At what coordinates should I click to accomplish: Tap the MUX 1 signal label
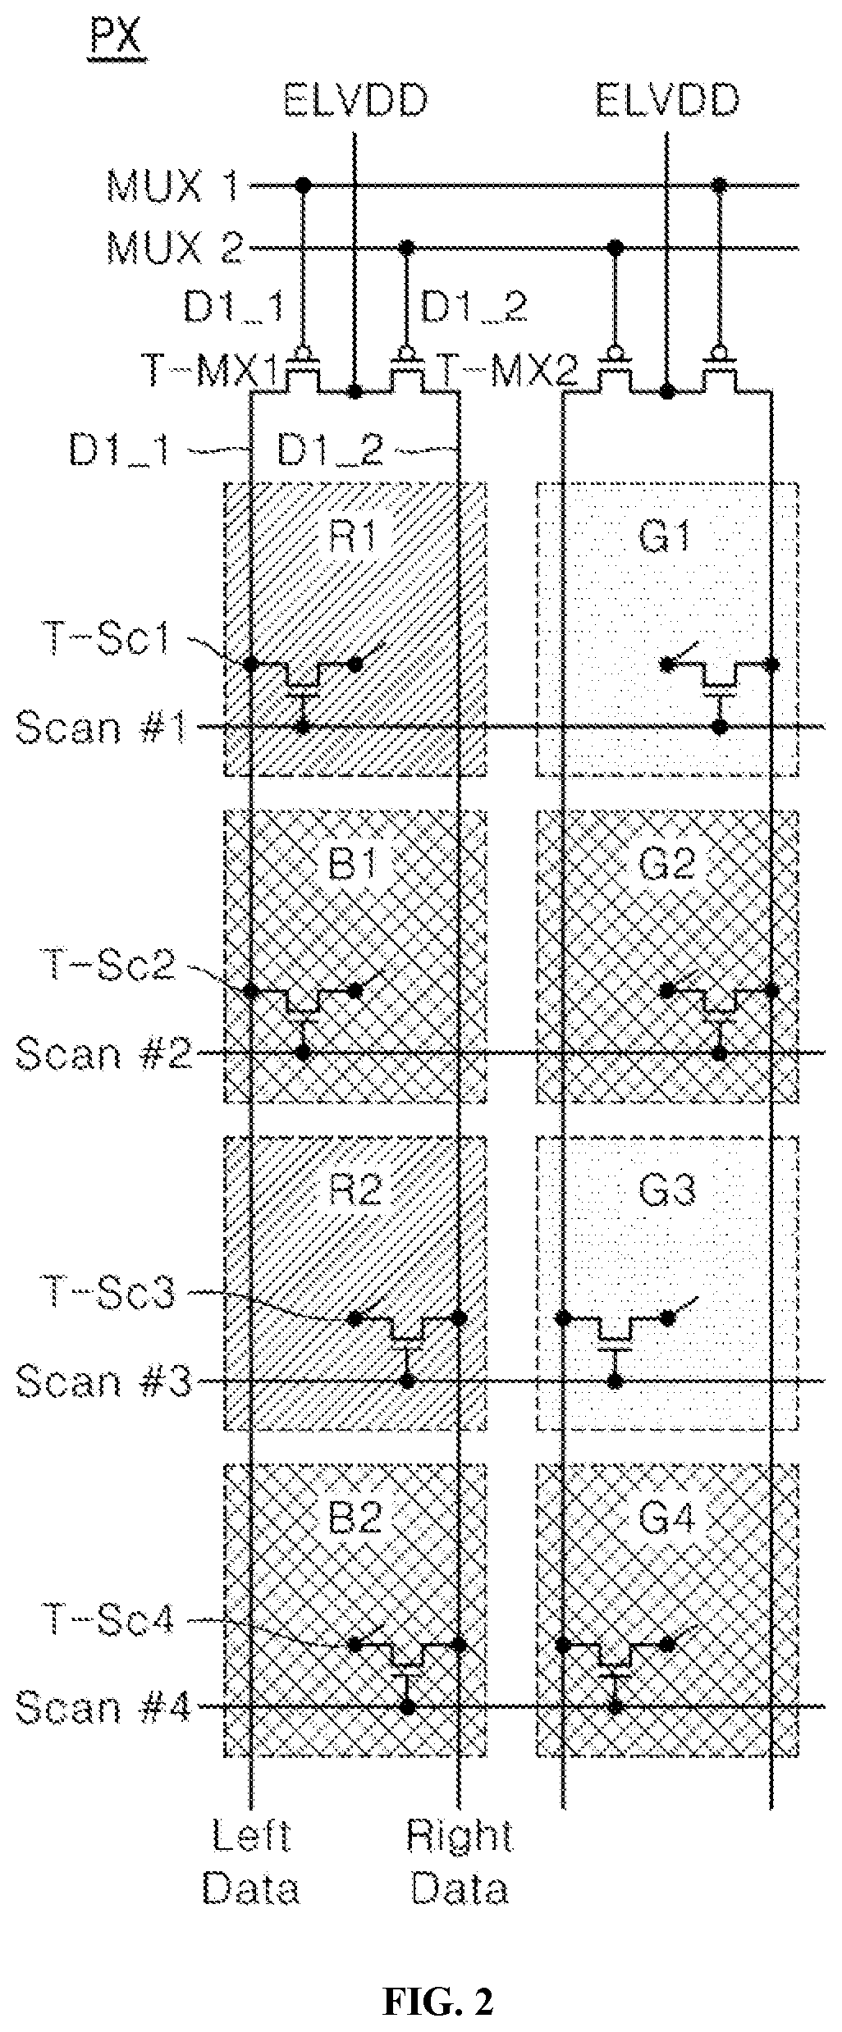[x=173, y=186]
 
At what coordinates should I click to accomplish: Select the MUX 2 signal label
[x=175, y=248]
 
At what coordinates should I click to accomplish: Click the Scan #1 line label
[x=103, y=727]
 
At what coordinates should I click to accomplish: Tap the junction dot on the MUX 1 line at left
[x=303, y=185]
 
